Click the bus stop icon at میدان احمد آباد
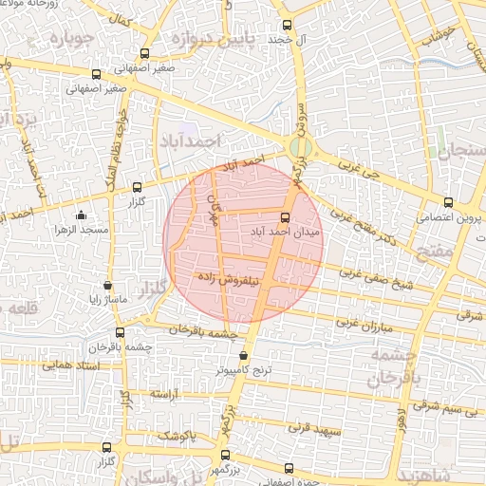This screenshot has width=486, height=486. (287, 217)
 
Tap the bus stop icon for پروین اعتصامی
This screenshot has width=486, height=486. (448, 202)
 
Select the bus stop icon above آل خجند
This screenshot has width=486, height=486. (287, 26)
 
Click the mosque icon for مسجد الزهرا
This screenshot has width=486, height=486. (80, 215)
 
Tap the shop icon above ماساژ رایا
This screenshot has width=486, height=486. (107, 285)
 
